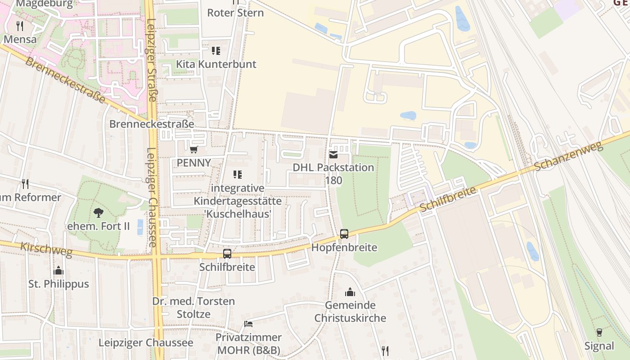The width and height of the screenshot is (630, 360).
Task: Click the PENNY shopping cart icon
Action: [193, 149]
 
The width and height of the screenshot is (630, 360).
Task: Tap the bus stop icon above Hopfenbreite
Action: [344, 234]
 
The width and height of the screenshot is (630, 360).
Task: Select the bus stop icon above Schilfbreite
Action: [227, 254]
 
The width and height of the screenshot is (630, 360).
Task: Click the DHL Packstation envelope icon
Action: [333, 155]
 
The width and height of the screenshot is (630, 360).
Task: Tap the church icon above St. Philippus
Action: [58, 270]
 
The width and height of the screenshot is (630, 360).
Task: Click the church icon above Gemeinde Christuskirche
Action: [350, 292]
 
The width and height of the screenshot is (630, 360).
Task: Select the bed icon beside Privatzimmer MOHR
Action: [248, 324]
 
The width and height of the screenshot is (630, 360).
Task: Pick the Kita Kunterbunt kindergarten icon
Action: [216, 50]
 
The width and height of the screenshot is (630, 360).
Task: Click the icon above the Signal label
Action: [599, 333]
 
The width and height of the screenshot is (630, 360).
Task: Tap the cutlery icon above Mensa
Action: [19, 26]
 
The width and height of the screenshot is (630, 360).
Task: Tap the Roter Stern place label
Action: [235, 13]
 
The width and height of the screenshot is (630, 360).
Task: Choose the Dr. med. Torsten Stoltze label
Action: [193, 307]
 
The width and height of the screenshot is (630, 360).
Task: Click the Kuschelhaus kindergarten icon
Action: [238, 175]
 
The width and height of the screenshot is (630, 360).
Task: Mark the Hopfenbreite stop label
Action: [344, 248]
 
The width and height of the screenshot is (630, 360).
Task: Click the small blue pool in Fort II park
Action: [140, 227]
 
